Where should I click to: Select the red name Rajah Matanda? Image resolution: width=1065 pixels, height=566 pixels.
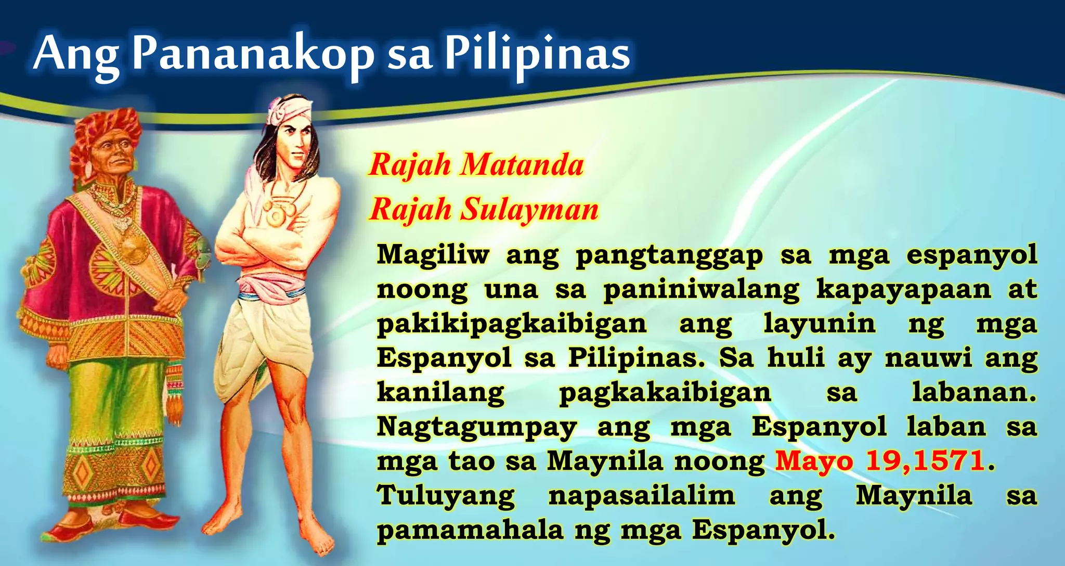[x=476, y=165]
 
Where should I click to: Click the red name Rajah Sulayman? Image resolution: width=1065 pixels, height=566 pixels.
[x=484, y=210]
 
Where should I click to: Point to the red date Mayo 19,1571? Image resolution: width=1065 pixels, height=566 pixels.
[x=880, y=461]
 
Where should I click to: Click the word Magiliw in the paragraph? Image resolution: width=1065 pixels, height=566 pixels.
[x=433, y=255]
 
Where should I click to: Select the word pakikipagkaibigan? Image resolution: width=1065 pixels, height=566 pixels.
[x=512, y=324]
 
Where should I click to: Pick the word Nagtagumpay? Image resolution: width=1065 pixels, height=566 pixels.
[x=477, y=427]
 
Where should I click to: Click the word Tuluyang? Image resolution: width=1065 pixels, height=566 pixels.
[x=446, y=495]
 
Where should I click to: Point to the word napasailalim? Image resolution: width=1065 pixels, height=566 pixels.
[x=642, y=495]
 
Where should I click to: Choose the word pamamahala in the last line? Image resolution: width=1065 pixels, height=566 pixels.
[x=470, y=530]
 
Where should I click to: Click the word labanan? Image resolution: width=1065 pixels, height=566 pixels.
[x=974, y=392]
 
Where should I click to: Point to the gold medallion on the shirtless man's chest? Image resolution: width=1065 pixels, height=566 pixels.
[x=274, y=214]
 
